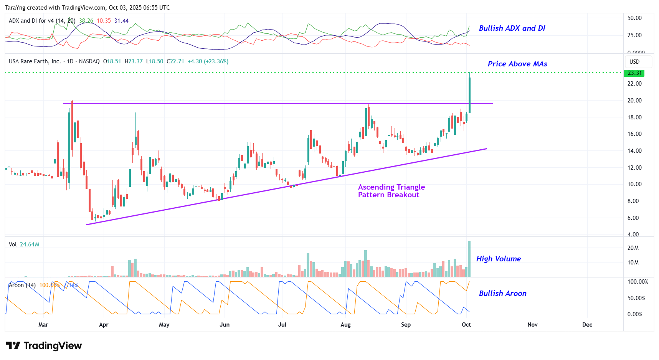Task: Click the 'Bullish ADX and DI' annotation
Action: tap(512, 28)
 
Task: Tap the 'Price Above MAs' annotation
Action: tap(517, 64)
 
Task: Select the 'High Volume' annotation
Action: tap(498, 259)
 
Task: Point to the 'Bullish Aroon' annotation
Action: tap(502, 293)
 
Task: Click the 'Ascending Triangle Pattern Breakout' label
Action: tap(391, 191)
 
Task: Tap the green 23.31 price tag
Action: tap(634, 73)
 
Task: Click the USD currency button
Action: tap(634, 62)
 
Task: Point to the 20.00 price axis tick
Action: tap(634, 101)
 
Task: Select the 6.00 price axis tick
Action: tap(633, 218)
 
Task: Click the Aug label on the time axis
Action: tap(345, 325)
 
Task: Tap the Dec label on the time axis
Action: tap(587, 325)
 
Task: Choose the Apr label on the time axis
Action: tap(104, 325)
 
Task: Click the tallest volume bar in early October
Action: tap(469, 259)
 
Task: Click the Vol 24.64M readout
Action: tap(24, 244)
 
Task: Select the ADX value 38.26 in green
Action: tap(86, 21)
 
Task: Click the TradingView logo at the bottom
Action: tap(44, 346)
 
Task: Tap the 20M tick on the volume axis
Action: tap(633, 248)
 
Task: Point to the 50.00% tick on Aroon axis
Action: tap(636, 298)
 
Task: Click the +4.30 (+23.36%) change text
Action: tap(208, 61)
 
